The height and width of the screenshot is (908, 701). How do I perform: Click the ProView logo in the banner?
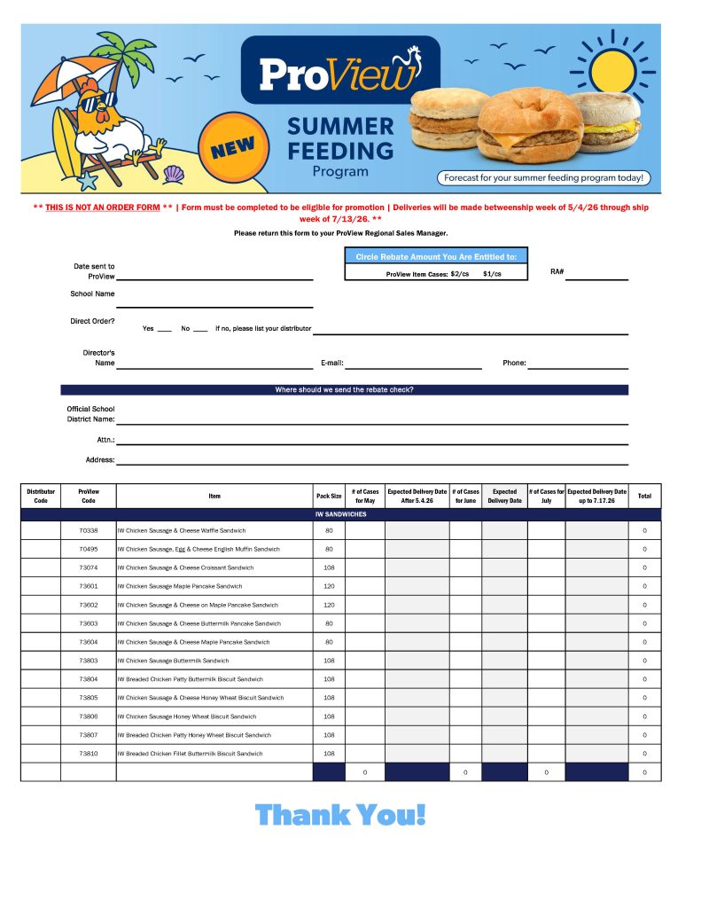pos(339,71)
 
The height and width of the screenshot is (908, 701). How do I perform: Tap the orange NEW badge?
pos(232,146)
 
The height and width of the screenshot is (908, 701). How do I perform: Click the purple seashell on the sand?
pos(173,176)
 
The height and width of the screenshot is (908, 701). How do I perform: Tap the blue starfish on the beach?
pos(87,181)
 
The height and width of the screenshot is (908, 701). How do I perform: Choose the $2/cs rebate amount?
pos(459,274)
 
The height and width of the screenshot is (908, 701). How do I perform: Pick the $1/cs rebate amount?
pos(492,274)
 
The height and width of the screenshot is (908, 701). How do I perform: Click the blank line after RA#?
pos(596,278)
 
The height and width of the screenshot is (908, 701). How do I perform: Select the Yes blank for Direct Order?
pos(164,331)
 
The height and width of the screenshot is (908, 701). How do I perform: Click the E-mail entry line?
pos(413,366)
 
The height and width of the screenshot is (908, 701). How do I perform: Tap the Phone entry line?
pos(578,366)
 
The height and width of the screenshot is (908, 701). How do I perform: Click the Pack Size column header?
pos(329,497)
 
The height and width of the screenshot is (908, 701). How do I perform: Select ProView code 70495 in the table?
pos(89,549)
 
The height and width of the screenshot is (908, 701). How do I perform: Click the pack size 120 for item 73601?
pos(329,586)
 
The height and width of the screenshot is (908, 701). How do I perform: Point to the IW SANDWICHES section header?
pos(340,514)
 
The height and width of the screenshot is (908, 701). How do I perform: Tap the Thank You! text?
pos(340,814)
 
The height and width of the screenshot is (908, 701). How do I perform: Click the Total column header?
pos(644,497)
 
